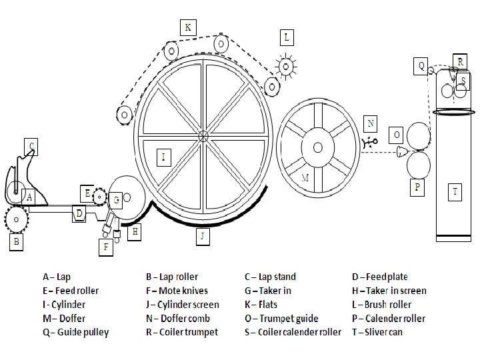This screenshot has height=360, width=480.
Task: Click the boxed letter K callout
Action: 187,27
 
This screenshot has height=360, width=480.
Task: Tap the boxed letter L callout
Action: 287,37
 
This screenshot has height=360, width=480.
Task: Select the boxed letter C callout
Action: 31,145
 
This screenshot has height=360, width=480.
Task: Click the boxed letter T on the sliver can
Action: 455,192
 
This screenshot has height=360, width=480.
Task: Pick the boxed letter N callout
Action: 371,123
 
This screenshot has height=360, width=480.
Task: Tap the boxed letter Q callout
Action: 421,66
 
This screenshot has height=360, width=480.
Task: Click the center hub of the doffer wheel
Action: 318,147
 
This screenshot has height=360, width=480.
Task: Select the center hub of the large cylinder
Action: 204,136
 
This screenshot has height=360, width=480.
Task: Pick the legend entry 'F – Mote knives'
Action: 177,290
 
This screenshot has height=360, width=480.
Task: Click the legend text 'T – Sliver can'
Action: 377,332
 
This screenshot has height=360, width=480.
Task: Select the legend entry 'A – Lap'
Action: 58,276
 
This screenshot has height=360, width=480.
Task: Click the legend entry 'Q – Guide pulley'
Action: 75,332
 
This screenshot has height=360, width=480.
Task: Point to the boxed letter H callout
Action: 135,231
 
